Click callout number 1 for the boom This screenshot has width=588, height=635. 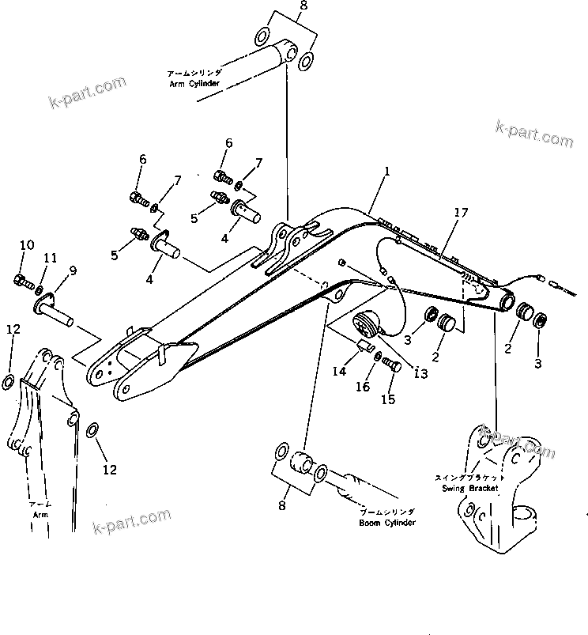(x=387, y=171)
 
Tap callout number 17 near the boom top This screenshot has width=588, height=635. (x=461, y=213)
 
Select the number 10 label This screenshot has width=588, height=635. (x=27, y=245)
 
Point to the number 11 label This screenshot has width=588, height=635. (x=51, y=258)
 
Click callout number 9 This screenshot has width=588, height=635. (x=72, y=271)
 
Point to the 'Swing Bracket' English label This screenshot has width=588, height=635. (x=469, y=489)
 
